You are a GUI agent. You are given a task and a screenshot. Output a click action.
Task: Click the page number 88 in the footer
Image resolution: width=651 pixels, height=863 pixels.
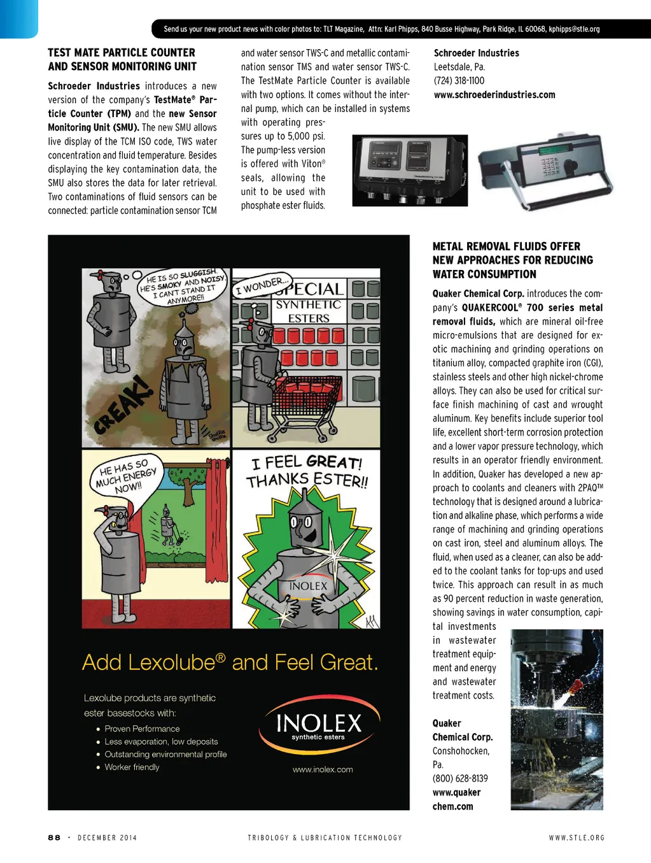click(x=54, y=838)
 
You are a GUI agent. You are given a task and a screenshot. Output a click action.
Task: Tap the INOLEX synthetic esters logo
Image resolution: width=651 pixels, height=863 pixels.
click(x=319, y=725)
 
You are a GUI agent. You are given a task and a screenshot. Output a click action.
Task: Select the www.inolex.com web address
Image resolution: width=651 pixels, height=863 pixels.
click(x=323, y=769)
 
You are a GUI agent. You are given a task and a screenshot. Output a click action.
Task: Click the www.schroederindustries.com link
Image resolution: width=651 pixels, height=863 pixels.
click(x=494, y=95)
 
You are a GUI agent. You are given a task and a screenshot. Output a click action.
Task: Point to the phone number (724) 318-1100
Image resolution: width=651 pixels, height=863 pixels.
click(x=459, y=81)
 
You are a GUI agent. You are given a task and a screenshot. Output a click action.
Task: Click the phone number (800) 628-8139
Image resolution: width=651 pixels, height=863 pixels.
click(x=460, y=778)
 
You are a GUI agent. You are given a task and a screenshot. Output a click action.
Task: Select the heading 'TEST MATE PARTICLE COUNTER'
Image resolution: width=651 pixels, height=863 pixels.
click(x=122, y=53)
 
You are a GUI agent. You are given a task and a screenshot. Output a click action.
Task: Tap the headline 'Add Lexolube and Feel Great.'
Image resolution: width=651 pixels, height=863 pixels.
click(x=230, y=662)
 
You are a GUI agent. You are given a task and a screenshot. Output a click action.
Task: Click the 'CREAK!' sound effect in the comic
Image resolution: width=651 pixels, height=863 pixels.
click(x=123, y=406)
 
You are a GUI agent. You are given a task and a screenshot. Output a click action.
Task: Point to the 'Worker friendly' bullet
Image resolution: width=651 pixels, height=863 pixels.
click(x=132, y=767)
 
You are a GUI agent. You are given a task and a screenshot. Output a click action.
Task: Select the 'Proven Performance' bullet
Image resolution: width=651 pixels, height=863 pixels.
click(x=142, y=729)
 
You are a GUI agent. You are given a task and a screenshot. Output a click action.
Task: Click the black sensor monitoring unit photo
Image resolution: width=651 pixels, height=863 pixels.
click(x=410, y=170)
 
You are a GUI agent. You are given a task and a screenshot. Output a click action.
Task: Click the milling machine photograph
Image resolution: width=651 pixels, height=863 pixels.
click(x=556, y=719)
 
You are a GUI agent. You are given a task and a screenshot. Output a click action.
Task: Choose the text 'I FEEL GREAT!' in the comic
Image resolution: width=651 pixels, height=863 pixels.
click(x=307, y=462)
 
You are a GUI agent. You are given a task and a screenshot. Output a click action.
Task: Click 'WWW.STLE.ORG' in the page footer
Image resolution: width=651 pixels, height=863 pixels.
click(x=577, y=838)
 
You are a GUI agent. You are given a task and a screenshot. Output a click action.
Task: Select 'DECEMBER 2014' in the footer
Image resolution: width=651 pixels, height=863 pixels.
click(x=107, y=838)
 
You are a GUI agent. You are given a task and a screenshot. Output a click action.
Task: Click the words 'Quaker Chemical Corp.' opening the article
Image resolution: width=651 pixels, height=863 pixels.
click(x=478, y=294)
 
